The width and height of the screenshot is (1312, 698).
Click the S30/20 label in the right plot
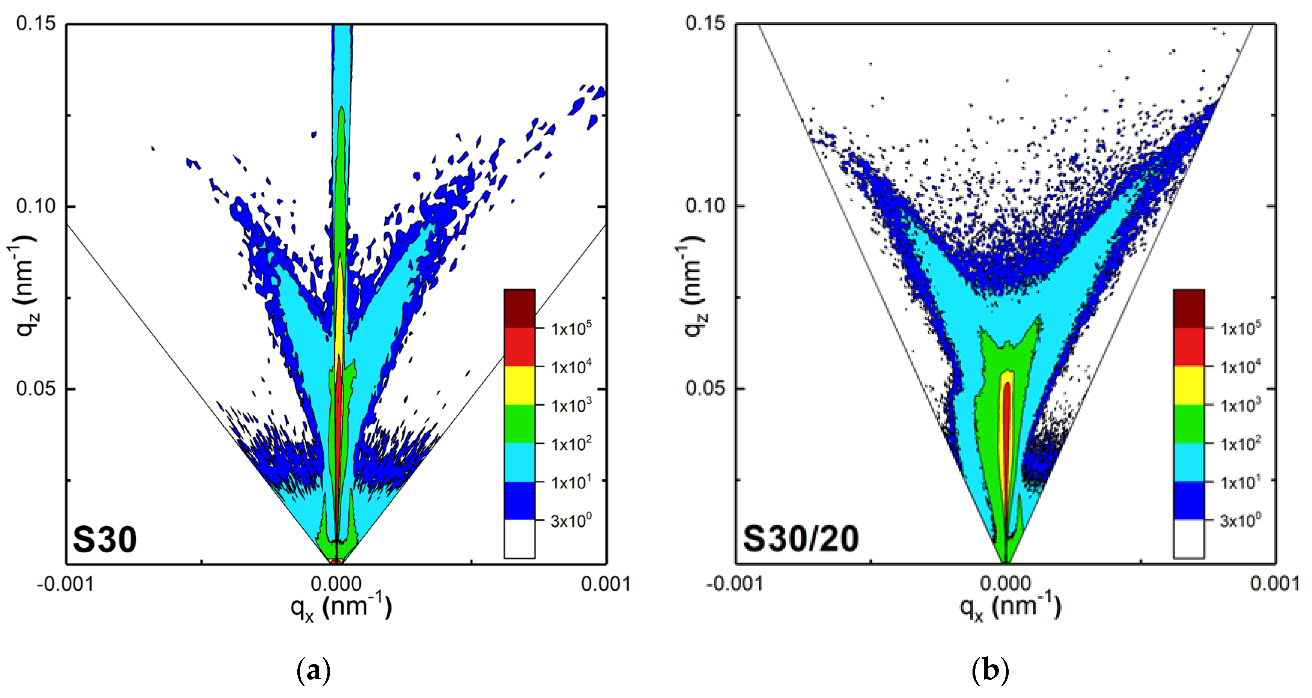(801, 539)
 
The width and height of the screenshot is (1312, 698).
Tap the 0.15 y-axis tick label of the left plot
(35, 23)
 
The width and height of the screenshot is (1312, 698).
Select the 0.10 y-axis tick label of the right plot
(705, 206)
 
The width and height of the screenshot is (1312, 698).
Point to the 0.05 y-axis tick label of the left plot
(35, 388)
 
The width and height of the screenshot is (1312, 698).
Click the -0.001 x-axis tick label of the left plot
(65, 584)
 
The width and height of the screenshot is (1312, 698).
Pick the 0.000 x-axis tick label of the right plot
(1005, 584)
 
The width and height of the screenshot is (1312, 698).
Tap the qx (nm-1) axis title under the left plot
(341, 607)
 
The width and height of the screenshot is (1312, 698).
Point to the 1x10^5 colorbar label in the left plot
(571, 329)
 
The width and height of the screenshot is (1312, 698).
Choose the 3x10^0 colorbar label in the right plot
(1240, 520)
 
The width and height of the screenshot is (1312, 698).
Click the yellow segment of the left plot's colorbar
(519, 385)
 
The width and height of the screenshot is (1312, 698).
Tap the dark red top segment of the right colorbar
(1189, 309)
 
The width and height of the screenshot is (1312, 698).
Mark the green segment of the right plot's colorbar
(1189, 424)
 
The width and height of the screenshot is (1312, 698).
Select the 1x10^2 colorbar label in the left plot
(571, 444)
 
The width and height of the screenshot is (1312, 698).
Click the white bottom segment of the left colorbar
(519, 539)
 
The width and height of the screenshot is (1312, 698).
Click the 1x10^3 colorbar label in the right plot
(1240, 405)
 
